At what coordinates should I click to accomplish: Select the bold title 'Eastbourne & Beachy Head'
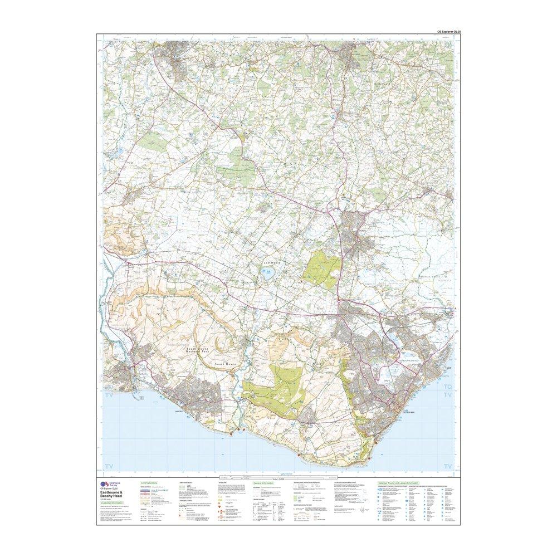tap(115, 494)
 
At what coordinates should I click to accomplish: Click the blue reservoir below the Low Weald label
tap(267, 273)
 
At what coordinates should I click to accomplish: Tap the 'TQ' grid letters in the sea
tap(446, 386)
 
